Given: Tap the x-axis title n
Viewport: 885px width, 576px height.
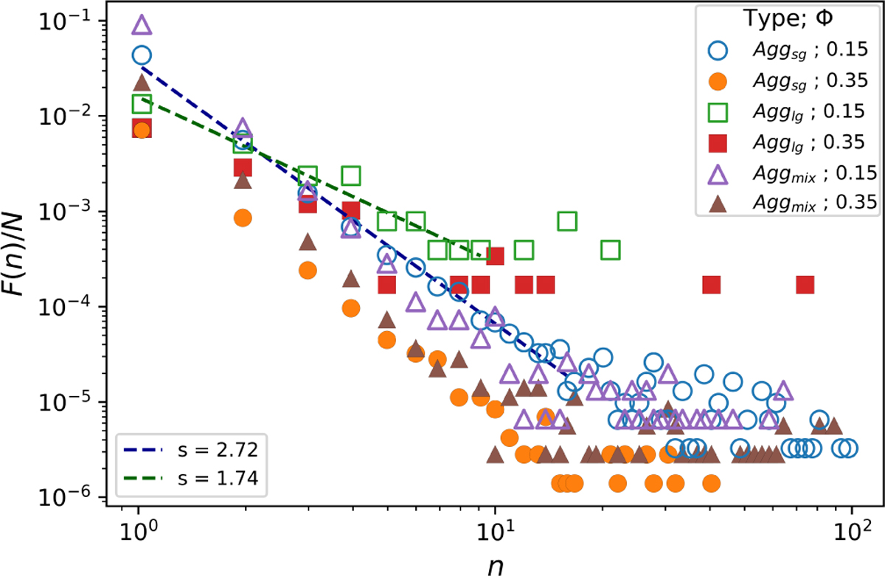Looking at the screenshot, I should click(x=495, y=564).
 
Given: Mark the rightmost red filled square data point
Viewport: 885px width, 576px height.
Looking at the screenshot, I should click(x=805, y=285).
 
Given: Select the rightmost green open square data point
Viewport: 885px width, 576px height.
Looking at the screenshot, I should click(x=610, y=250).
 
